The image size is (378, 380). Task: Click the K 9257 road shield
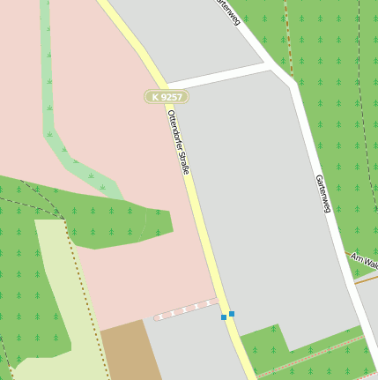166,96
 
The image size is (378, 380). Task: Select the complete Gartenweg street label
322,193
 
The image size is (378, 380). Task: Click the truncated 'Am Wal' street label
364,258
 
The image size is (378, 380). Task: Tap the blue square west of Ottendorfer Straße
224,317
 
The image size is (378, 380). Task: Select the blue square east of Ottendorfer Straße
232,313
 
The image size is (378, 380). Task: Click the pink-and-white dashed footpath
186,309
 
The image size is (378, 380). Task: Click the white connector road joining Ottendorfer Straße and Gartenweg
220,74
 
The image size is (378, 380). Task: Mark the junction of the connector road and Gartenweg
273,65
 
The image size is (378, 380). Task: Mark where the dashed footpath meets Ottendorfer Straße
219,301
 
